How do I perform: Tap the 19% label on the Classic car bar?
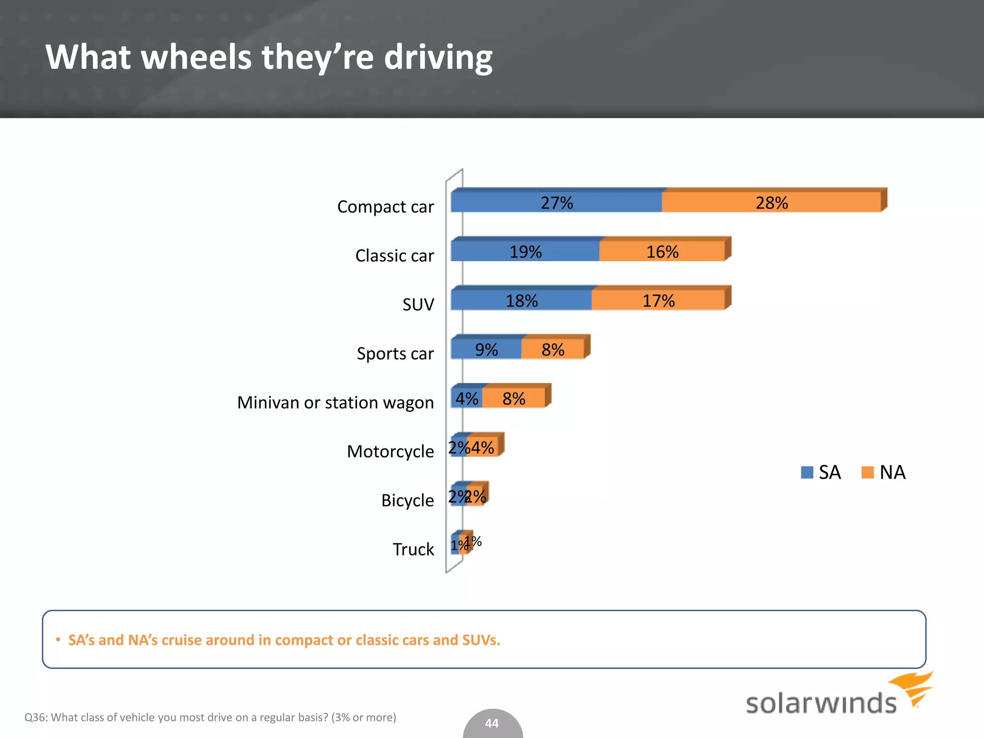(x=525, y=252)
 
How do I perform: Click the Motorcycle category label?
(x=390, y=452)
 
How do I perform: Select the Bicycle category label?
(x=407, y=501)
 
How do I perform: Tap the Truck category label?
(x=413, y=549)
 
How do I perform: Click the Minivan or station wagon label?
(x=335, y=403)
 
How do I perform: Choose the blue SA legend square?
(x=807, y=472)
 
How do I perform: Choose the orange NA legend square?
(x=868, y=472)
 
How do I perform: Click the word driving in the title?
(x=438, y=57)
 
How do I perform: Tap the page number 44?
(x=492, y=723)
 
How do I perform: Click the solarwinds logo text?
(x=821, y=703)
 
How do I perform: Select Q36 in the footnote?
(x=35, y=717)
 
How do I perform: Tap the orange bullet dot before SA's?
(x=58, y=640)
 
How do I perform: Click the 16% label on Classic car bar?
(x=662, y=252)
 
